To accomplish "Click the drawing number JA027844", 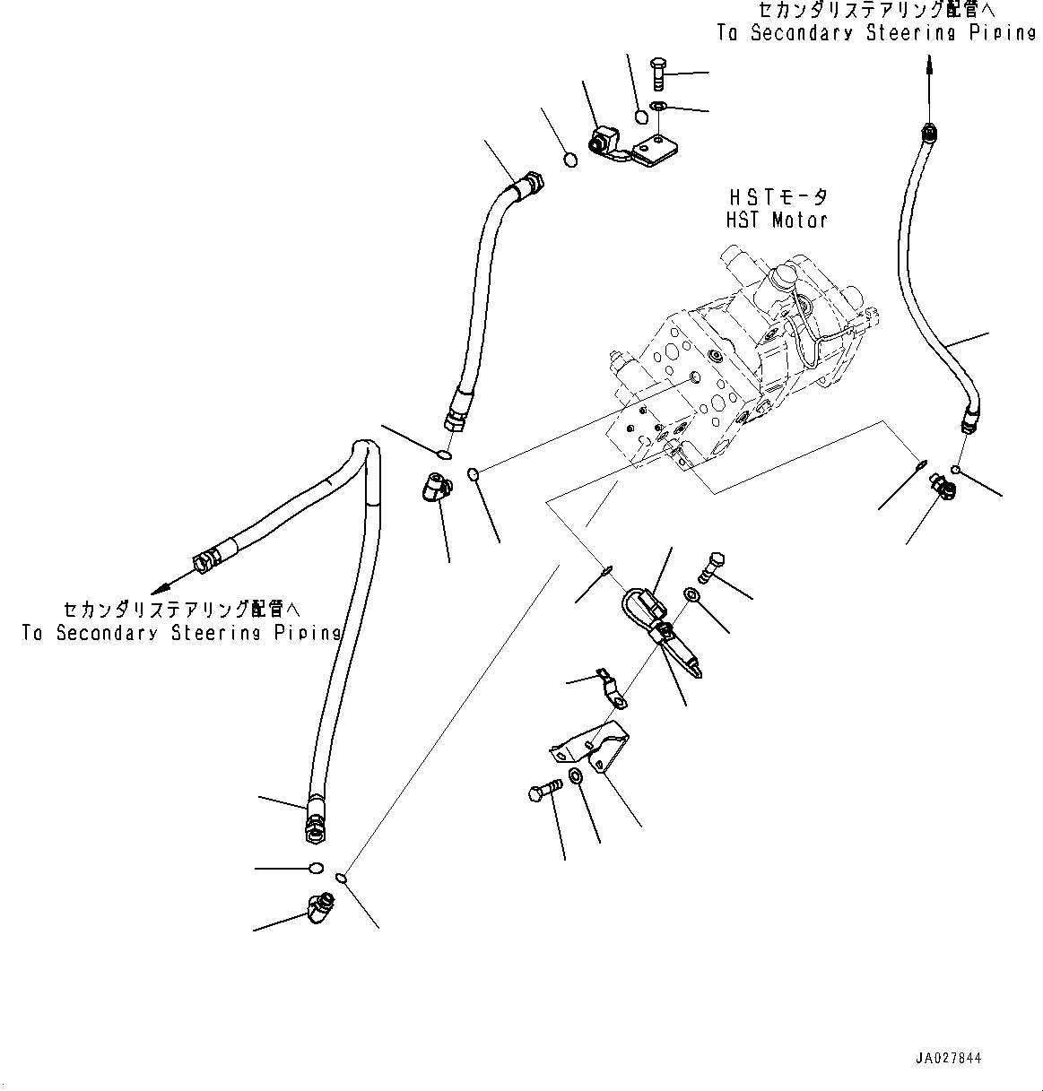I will point(949,1059).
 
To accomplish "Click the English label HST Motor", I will point(777,220).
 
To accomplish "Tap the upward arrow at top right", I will point(929,65).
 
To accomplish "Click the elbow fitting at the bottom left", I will point(317,908).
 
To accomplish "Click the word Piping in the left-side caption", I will point(307,633).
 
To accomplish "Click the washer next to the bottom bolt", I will point(575,775).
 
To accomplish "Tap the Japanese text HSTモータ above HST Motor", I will point(777,197).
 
